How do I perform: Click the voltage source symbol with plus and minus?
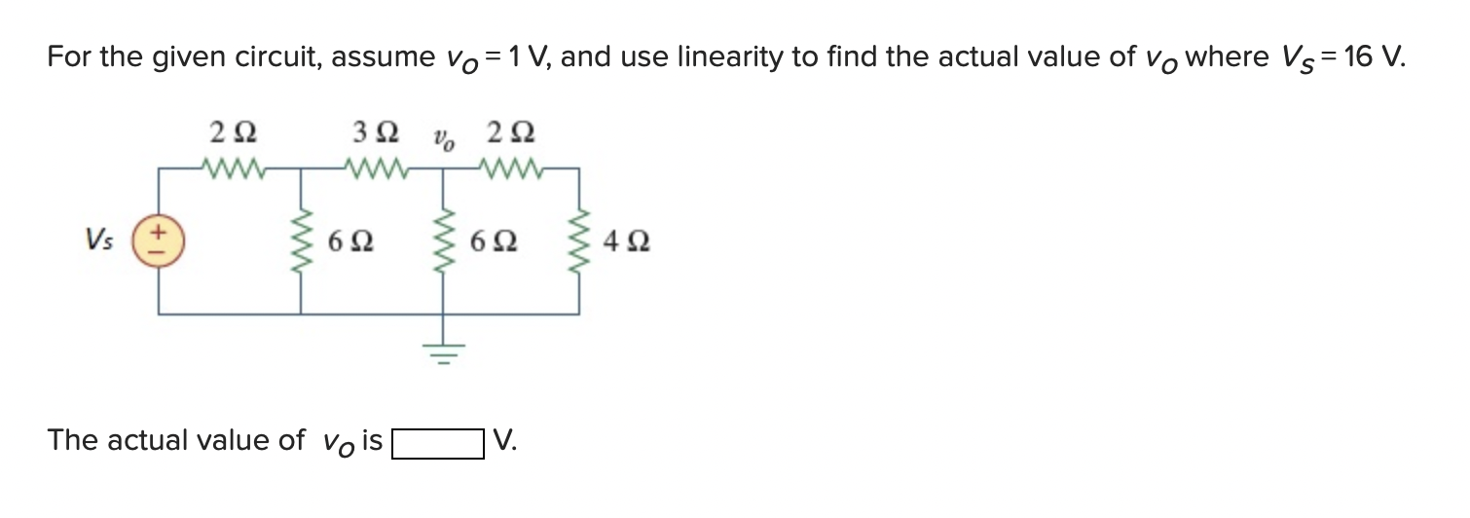(x=160, y=240)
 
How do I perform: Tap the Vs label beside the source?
(x=99, y=240)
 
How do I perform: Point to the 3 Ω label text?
(x=373, y=132)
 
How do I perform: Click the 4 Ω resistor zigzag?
(x=580, y=240)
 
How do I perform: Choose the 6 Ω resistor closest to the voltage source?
(x=300, y=240)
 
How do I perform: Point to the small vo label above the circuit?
(x=443, y=137)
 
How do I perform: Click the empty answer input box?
(x=438, y=443)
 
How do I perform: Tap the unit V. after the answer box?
(x=505, y=441)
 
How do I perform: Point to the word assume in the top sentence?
(x=382, y=57)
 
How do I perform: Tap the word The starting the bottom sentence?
(x=73, y=440)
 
